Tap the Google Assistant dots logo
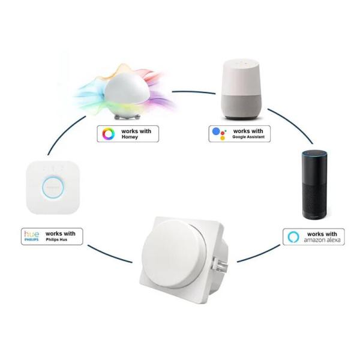tap(218, 133)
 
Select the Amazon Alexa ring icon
tap(293, 236)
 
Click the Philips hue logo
tap(31, 236)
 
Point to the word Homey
tap(130, 137)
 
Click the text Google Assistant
tap(248, 137)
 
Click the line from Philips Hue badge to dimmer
tap(108, 254)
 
